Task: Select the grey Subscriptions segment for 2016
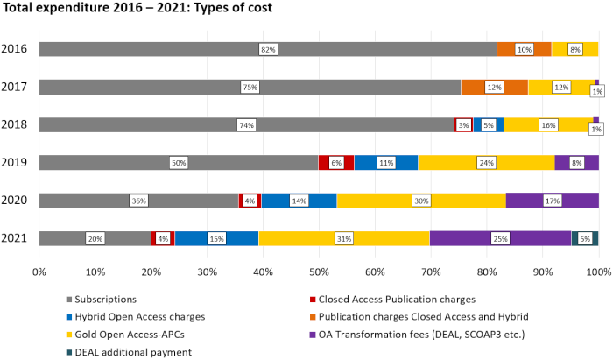[x=175, y=49]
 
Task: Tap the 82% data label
[x=268, y=49]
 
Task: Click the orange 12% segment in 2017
[x=494, y=87]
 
